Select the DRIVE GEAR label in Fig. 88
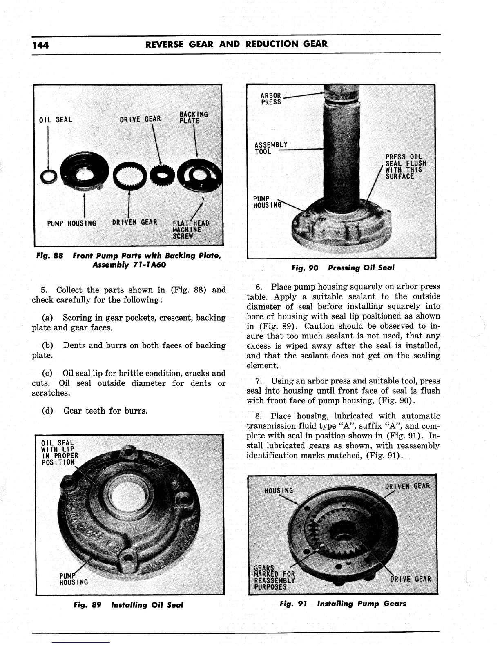141,119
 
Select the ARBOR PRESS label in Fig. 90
271,99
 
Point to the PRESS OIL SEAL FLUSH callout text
406,166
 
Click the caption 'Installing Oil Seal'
147,605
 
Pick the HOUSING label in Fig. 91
279,491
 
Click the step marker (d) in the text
47,411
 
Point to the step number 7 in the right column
258,381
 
